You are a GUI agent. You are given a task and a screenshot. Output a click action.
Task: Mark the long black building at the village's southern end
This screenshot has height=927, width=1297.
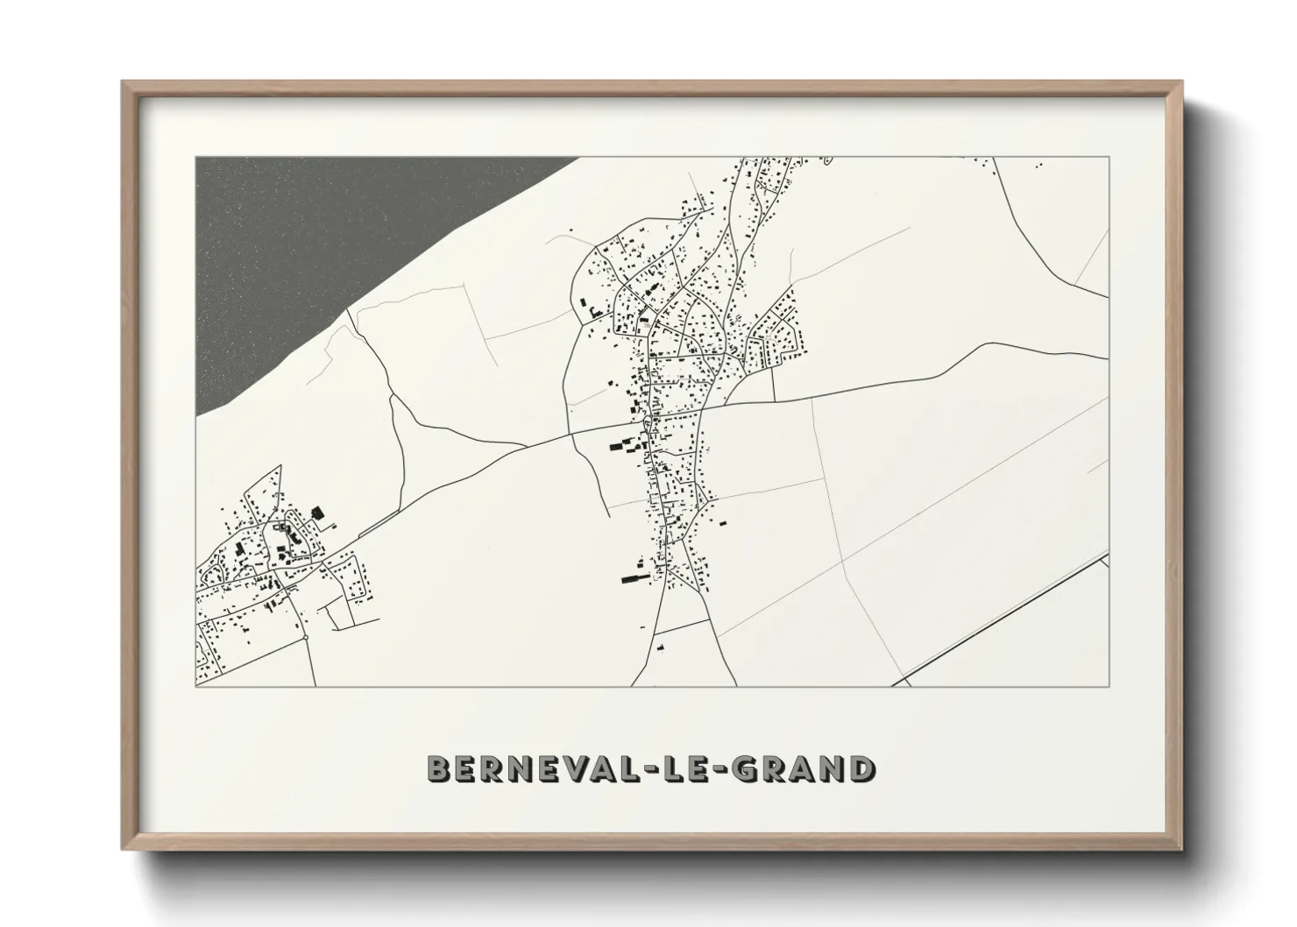(x=632, y=578)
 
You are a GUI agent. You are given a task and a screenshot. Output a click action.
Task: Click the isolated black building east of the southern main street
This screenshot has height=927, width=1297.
(x=724, y=524)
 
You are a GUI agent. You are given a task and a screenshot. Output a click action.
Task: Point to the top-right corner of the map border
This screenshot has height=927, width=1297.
(x=1109, y=158)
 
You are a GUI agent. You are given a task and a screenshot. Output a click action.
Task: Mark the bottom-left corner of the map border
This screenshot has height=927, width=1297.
(x=195, y=687)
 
